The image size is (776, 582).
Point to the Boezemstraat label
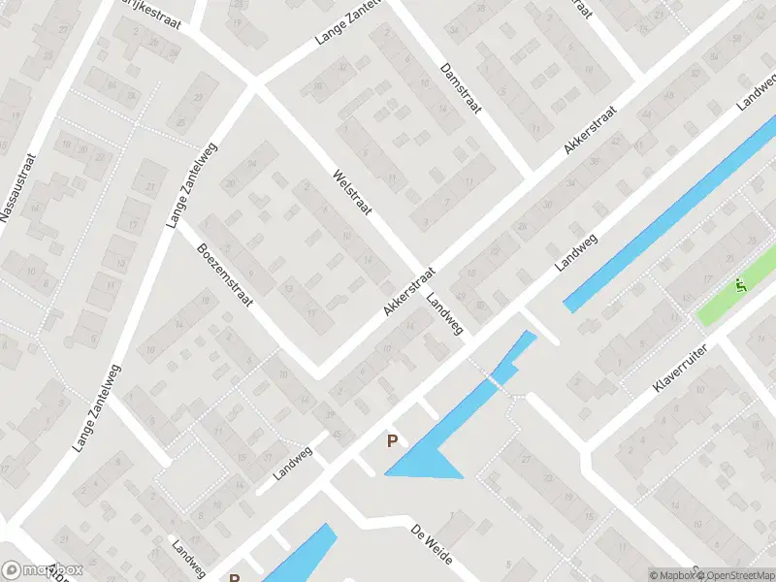tap(225, 275)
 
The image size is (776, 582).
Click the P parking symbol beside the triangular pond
tap(393, 441)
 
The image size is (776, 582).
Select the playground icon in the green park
tap(740, 286)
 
